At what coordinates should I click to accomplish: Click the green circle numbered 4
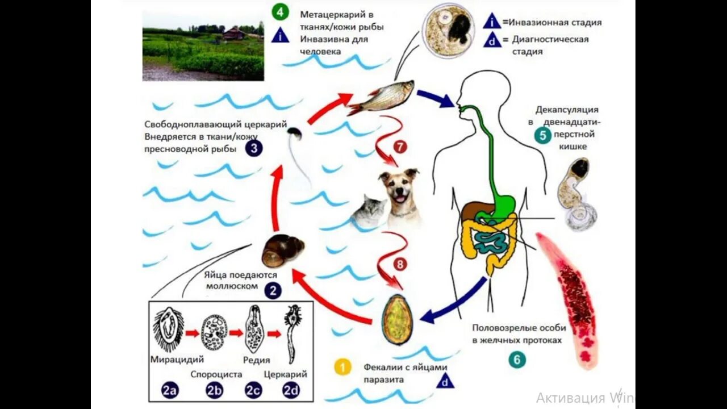(x=280, y=11)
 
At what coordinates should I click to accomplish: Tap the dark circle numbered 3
(x=254, y=149)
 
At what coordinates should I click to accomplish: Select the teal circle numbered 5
(x=542, y=136)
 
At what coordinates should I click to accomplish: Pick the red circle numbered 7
(x=399, y=147)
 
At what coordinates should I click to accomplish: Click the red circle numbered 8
(x=399, y=265)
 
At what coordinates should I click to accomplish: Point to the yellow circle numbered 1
(x=342, y=367)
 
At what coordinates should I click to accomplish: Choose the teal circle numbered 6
(x=517, y=360)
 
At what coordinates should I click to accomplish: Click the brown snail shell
(x=282, y=251)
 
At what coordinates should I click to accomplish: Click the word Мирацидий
(x=177, y=360)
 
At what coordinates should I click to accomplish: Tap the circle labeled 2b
(x=214, y=390)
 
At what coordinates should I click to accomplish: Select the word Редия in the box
(x=256, y=360)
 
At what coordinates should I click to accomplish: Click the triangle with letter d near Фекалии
(x=445, y=381)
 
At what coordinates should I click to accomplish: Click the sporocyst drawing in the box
(x=214, y=332)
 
